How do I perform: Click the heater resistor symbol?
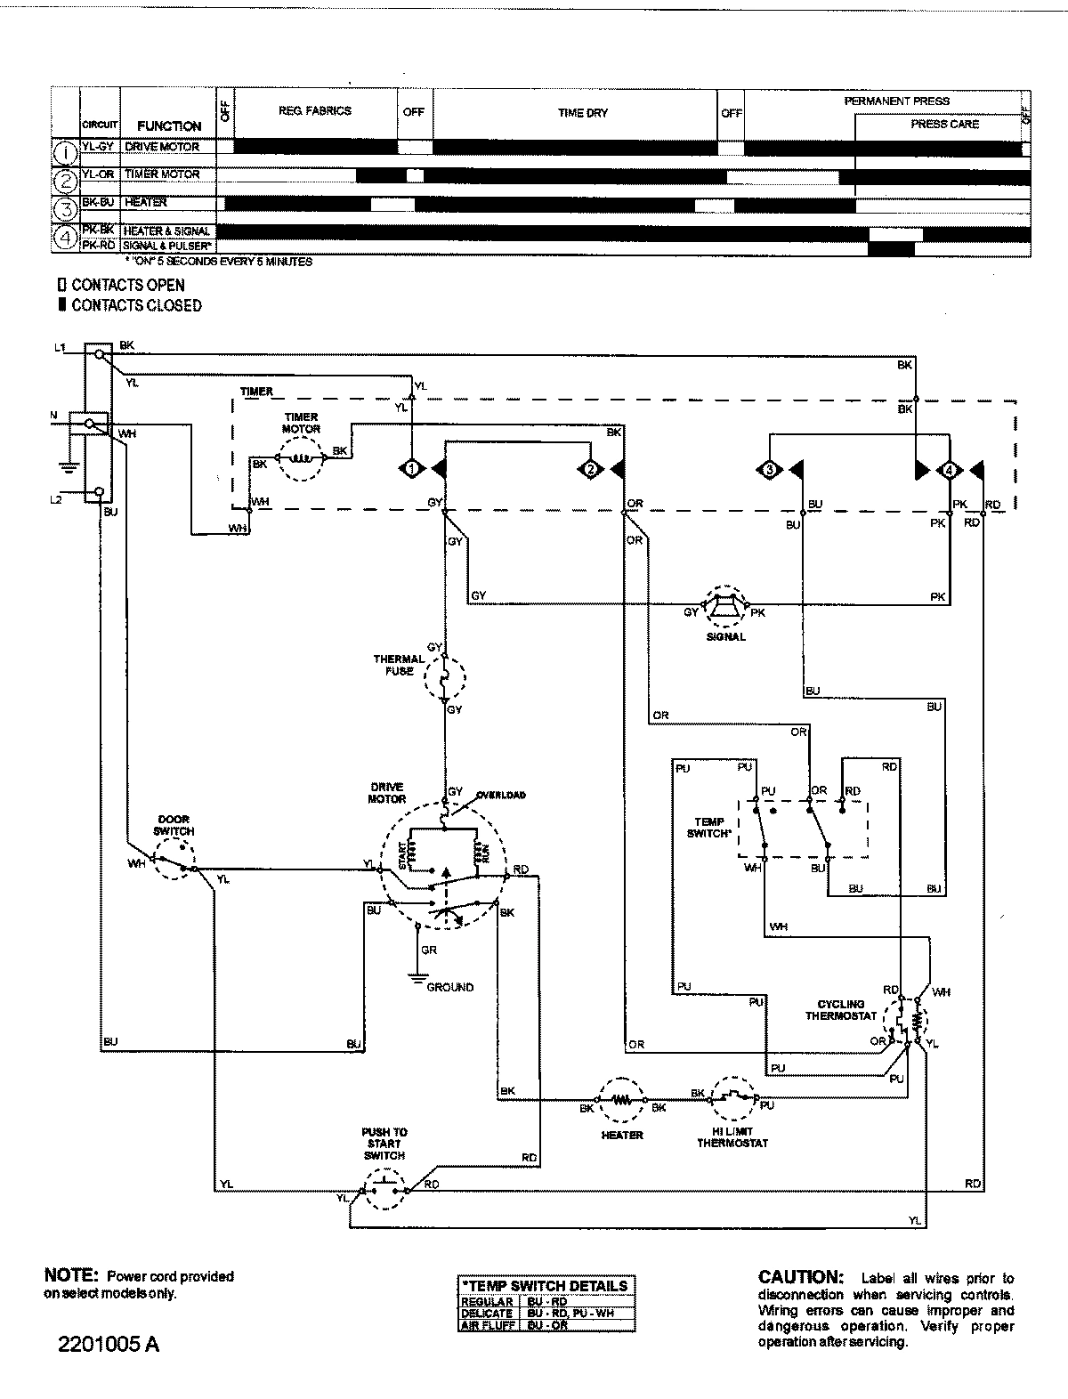pos(621,1101)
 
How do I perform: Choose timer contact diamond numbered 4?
pos(950,469)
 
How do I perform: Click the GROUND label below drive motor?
pos(449,987)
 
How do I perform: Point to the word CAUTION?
pos(798,1277)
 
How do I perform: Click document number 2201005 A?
pos(109,1344)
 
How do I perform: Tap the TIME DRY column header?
pos(583,113)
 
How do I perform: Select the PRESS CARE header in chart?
pos(944,125)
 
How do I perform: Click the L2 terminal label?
pos(56,500)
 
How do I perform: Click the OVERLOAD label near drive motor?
pos(501,795)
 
